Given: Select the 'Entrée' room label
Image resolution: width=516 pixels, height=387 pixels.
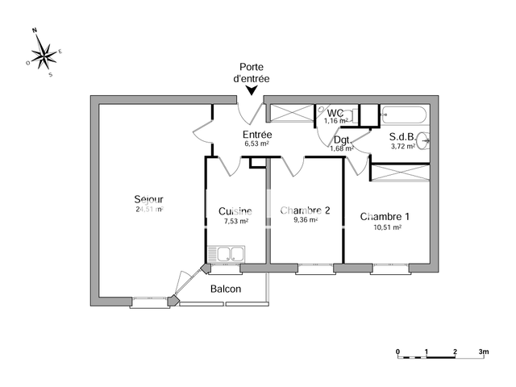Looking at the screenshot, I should tap(257, 135).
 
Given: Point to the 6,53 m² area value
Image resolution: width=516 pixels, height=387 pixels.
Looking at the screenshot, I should tap(257, 144).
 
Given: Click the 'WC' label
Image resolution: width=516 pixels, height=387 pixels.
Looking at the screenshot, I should tap(335, 112).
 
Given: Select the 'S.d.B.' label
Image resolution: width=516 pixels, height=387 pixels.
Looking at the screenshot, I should tap(402, 137).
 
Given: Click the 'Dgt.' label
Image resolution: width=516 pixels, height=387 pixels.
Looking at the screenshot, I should tap(341, 139).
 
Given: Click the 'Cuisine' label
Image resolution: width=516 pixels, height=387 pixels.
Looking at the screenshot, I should tap(235, 211).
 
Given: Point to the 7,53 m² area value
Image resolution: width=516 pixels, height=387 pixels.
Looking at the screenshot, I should tap(235, 221).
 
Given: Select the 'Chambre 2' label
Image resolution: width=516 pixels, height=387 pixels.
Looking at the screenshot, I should tap(306, 210).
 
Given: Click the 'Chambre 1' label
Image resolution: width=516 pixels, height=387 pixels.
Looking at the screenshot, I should tap(385, 216).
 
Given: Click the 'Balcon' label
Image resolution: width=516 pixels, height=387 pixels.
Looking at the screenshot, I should tap(225, 289).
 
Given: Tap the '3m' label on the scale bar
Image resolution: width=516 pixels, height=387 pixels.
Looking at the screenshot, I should tap(485, 352).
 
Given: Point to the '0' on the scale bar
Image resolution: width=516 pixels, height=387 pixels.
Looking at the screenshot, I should tap(397, 352).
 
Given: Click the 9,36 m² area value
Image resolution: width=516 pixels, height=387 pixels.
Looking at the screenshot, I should tap(306, 220).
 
